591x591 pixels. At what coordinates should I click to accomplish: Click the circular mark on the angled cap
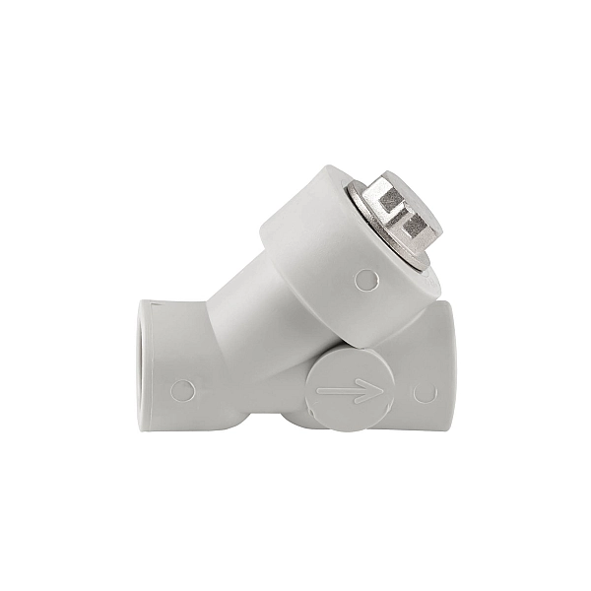[x=365, y=280]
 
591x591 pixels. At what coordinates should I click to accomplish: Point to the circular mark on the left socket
[x=182, y=390]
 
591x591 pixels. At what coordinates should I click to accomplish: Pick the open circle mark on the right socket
[x=426, y=393]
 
